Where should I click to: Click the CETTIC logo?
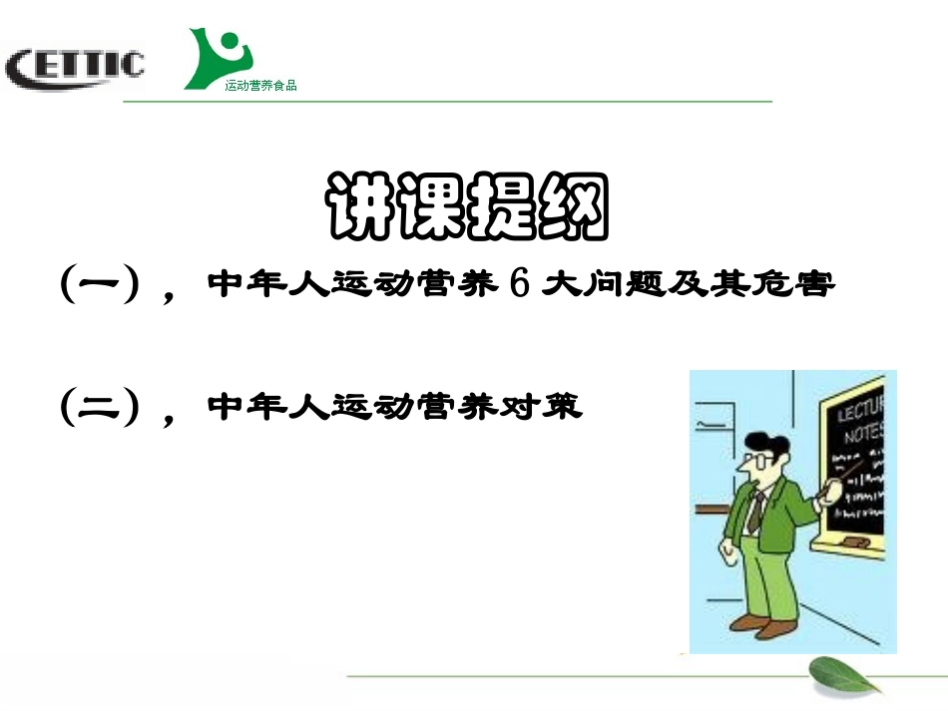tap(75, 67)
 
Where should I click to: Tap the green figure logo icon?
tap(219, 58)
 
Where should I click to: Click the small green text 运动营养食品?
tap(261, 86)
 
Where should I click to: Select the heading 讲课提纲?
tap(466, 207)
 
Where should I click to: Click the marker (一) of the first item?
tap(98, 285)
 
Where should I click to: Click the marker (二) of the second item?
tap(98, 407)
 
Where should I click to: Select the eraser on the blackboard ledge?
tap(854, 539)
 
